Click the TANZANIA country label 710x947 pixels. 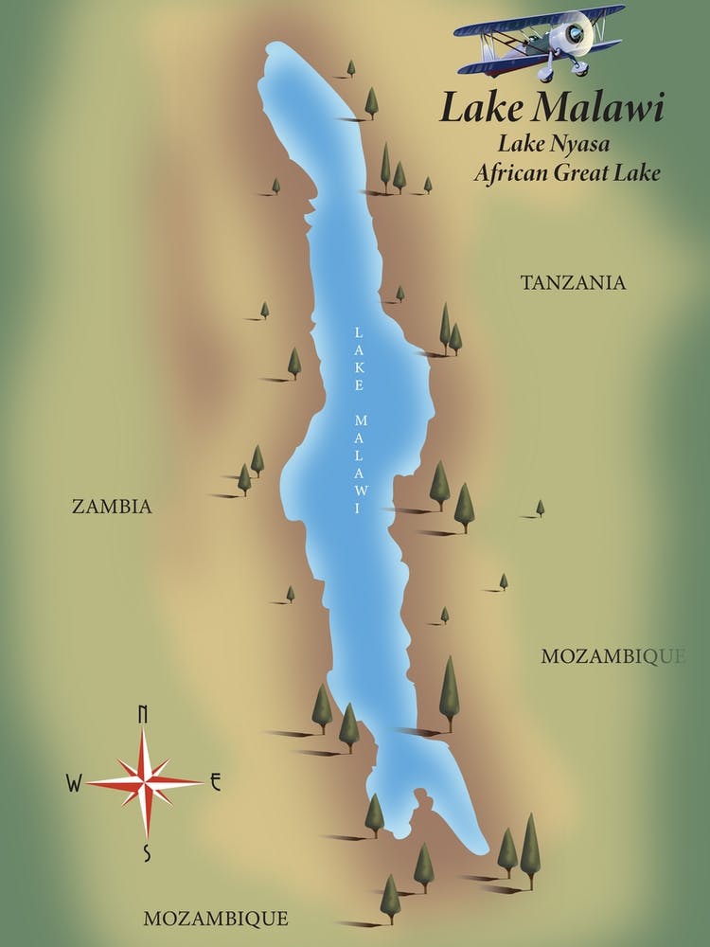click(x=574, y=282)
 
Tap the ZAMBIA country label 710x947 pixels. click(x=112, y=507)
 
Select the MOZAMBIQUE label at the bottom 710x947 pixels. click(x=216, y=918)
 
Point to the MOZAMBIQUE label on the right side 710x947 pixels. click(x=612, y=656)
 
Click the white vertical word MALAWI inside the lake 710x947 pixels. click(x=359, y=463)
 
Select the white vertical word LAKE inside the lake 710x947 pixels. click(x=359, y=358)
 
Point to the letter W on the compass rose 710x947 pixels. click(x=73, y=782)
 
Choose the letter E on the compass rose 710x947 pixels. click(x=215, y=781)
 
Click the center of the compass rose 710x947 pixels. click(x=145, y=782)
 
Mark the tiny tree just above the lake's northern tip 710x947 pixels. click(x=351, y=67)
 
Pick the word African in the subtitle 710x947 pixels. click(x=515, y=173)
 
